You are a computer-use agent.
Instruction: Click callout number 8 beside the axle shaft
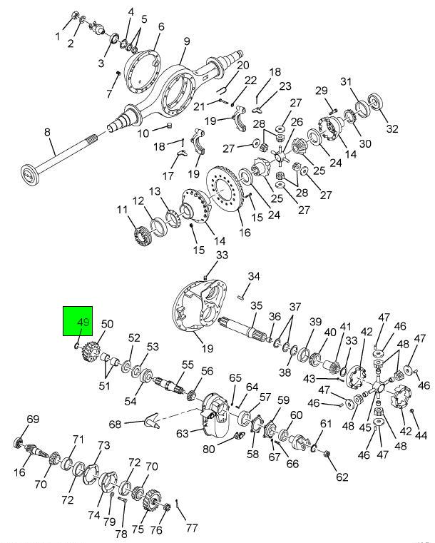tap(48, 132)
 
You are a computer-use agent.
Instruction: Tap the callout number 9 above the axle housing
tap(185, 41)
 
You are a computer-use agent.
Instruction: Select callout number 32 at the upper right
tap(391, 128)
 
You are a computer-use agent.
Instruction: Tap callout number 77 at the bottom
tap(191, 529)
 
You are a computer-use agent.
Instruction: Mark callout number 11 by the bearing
tap(122, 210)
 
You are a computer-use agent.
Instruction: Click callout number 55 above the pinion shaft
tap(188, 364)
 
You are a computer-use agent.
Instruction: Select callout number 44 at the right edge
tap(421, 434)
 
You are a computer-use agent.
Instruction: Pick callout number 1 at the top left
tap(58, 36)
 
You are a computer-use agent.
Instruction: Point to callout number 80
tap(208, 449)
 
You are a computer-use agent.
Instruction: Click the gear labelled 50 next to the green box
tap(91, 352)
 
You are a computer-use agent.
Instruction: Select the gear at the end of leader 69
tap(19, 443)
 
